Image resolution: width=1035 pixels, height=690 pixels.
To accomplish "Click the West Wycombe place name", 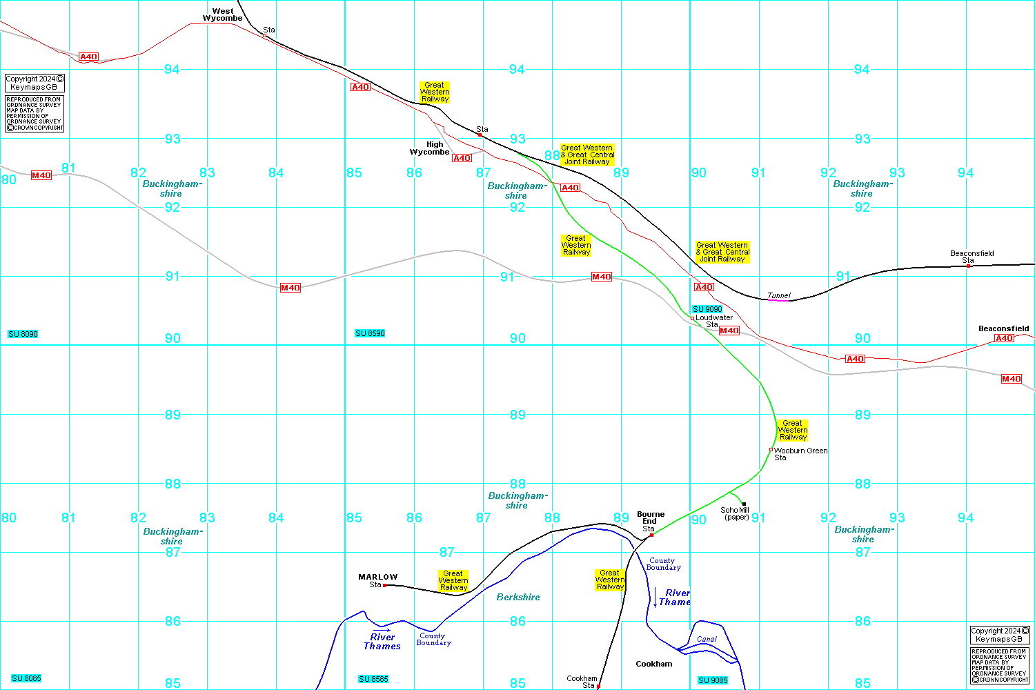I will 222,14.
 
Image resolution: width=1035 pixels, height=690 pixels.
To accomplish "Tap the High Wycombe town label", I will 430,148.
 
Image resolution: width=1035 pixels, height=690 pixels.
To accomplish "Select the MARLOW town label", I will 378,577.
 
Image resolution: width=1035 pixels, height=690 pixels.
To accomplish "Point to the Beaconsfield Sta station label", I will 972,257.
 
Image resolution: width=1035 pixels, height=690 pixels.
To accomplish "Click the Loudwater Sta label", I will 713,321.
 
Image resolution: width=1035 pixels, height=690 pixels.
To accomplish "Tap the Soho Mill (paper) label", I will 735,513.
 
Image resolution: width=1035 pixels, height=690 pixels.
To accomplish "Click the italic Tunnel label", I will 779,295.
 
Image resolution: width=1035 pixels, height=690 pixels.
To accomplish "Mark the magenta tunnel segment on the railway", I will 778,300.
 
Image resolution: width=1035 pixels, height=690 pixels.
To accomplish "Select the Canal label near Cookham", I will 707,639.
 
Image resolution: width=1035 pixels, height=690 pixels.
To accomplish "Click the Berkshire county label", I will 518,597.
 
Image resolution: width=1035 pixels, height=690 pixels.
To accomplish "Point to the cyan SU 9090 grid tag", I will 707,309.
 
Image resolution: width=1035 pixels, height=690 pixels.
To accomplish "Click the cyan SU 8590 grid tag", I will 370,333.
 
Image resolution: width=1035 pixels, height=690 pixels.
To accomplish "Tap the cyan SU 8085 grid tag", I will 26,678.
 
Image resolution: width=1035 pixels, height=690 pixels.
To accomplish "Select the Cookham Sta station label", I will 582,682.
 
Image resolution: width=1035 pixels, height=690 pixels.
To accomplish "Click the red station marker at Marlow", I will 384,585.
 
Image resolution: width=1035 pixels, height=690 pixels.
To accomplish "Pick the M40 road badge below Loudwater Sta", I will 729,331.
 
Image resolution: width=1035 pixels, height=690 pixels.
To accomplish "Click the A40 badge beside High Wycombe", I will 462,158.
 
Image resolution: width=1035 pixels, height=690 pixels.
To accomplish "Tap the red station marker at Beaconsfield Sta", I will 968,266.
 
